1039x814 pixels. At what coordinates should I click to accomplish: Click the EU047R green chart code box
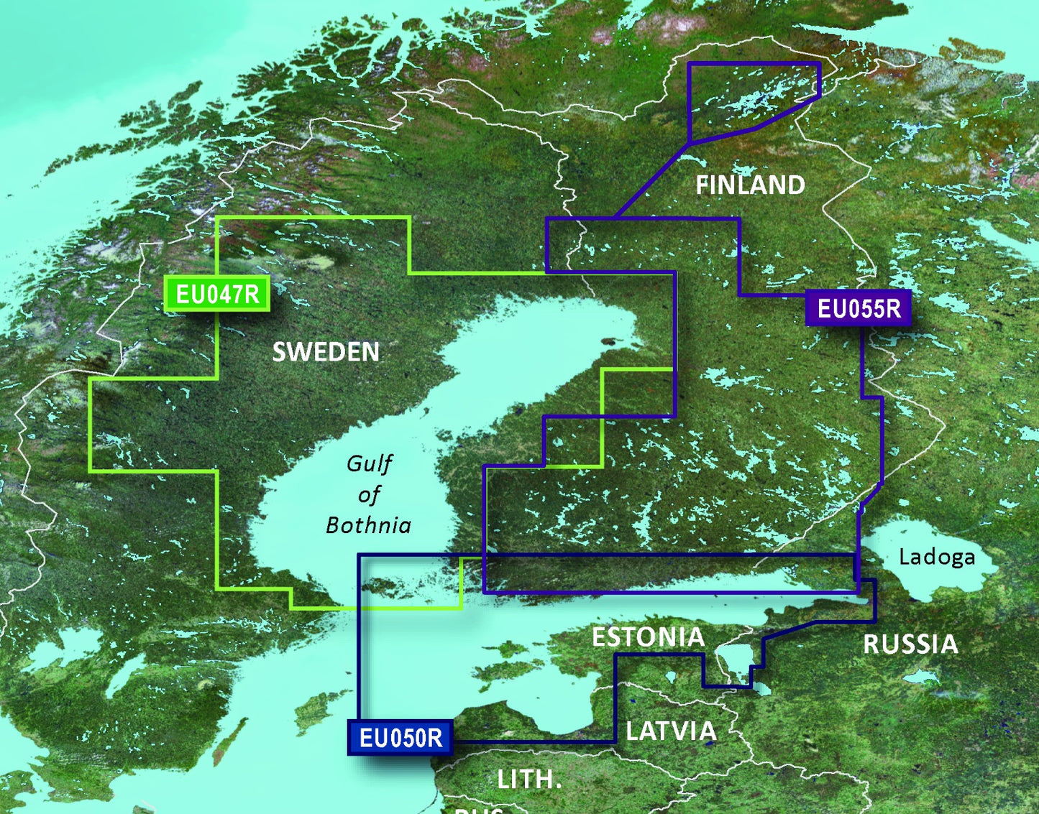coord(217,293)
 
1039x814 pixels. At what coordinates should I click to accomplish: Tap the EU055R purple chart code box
coord(859,308)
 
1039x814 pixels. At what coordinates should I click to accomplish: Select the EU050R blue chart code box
coord(401,738)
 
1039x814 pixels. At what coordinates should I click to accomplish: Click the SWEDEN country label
coord(326,352)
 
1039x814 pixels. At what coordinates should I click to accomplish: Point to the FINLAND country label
coord(750,185)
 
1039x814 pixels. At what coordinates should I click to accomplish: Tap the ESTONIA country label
coord(648,637)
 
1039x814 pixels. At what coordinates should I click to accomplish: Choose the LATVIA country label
coord(671,731)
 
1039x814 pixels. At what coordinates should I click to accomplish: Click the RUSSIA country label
coord(910,644)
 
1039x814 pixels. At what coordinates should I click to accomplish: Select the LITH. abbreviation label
coord(529,780)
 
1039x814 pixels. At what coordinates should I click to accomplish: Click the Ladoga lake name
coord(937,557)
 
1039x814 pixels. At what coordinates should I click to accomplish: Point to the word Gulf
coord(370,464)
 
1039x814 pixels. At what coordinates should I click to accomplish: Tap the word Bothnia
coord(368,526)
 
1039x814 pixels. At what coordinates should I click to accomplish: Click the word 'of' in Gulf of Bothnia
coord(369,495)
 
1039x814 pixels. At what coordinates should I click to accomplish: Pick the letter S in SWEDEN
coord(280,352)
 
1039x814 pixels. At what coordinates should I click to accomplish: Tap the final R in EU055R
coord(892,308)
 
